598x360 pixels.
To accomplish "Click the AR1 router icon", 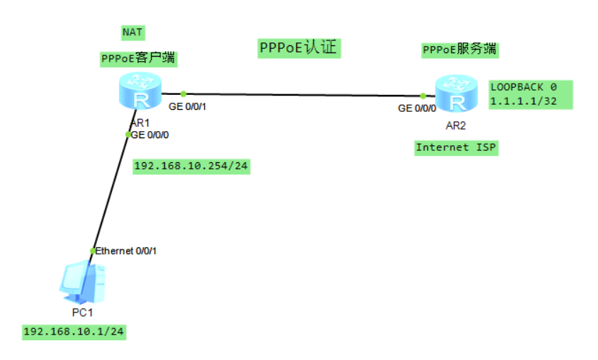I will (139, 90).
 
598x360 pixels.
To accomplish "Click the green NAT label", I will (132, 33).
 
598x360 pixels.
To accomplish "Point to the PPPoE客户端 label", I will (138, 59).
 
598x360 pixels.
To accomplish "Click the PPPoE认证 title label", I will (300, 48).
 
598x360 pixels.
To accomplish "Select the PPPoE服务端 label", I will (459, 50).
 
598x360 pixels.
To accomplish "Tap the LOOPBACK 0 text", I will (524, 86).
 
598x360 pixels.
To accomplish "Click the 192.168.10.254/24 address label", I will (192, 167).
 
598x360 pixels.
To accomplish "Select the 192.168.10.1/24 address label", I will (74, 332).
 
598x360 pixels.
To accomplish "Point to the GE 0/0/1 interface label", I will (191, 108).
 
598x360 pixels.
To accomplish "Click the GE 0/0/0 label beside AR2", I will (417, 108).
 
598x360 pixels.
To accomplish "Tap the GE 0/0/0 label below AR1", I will (150, 135).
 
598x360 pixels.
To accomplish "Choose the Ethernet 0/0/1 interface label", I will (126, 251).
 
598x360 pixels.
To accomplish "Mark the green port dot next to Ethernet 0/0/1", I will (92, 251).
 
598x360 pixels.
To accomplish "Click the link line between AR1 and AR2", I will (301, 94).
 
